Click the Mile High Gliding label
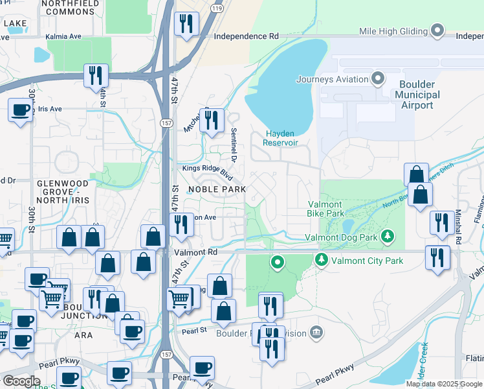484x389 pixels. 394,30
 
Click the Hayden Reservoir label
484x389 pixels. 281,138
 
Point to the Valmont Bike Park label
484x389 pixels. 325,209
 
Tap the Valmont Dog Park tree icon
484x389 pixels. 388,235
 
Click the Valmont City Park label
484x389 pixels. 367,261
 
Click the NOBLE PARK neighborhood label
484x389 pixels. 217,189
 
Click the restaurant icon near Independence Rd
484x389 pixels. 186,24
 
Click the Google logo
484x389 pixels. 21,381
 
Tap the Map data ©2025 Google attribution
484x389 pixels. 443,384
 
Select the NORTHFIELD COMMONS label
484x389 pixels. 69,7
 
